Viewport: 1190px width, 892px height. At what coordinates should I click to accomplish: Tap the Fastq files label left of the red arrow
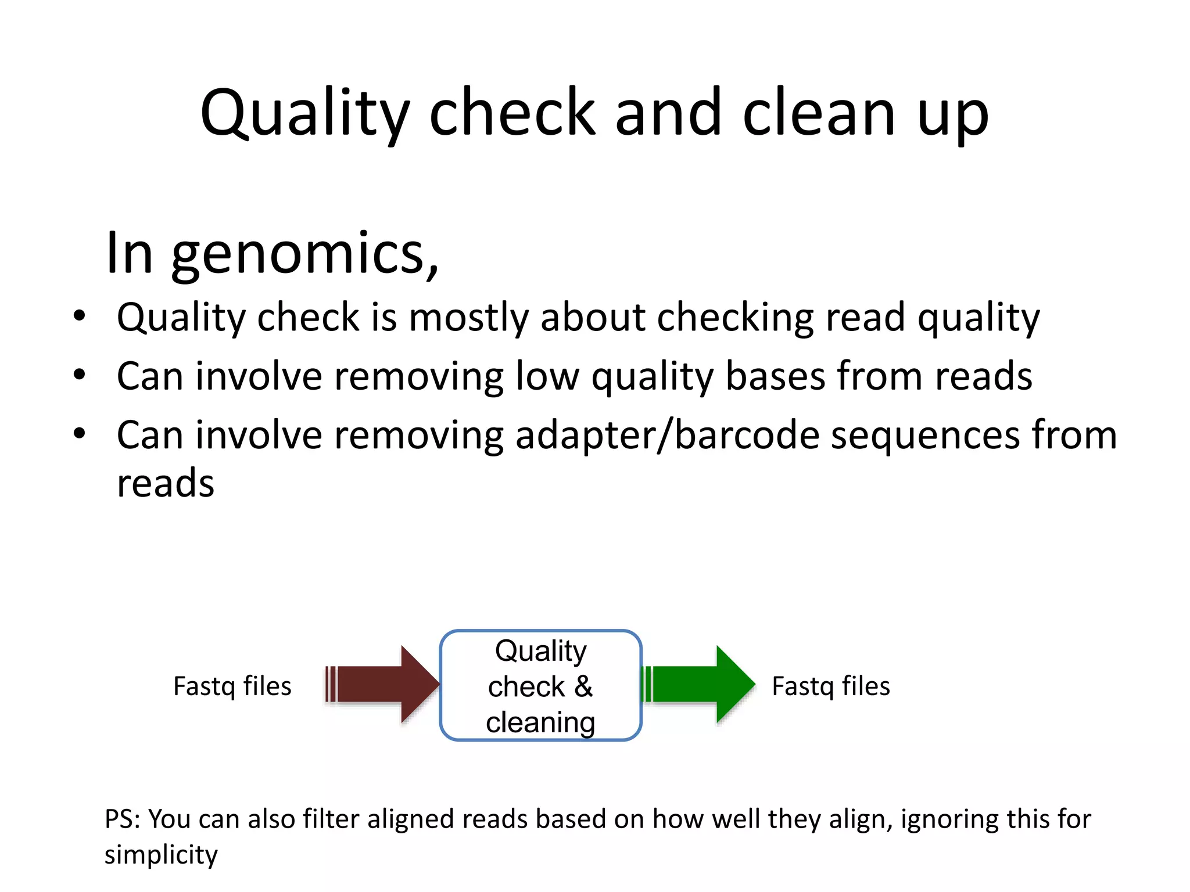(232, 686)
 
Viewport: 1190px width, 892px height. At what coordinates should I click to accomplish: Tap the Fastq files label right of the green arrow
(830, 686)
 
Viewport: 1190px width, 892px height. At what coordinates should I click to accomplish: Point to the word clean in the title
(819, 113)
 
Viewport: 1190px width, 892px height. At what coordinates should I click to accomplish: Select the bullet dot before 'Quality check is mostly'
(80, 316)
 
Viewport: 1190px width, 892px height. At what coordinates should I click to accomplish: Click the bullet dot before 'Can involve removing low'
(80, 375)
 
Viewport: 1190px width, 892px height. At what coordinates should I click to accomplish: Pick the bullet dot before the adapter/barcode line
(80, 433)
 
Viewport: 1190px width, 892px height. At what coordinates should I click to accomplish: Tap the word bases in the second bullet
(776, 376)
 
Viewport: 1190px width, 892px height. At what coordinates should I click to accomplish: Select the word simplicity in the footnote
(161, 855)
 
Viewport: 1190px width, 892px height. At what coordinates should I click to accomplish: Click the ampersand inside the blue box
(583, 686)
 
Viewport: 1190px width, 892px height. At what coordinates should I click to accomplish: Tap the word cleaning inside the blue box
(540, 722)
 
